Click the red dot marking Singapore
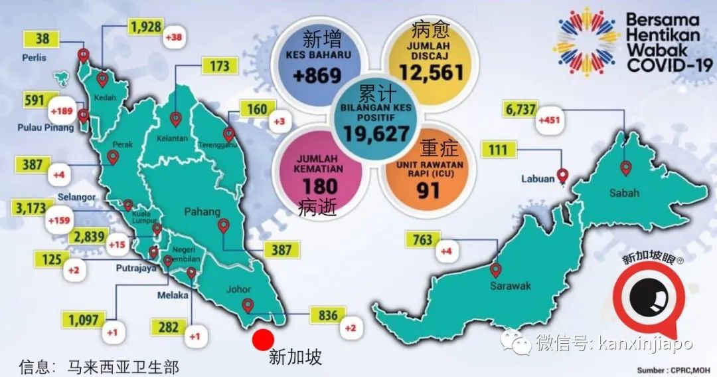click(x=263, y=339)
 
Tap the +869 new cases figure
click(x=317, y=75)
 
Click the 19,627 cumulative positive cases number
click(x=376, y=133)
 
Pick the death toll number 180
click(x=320, y=187)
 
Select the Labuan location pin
click(x=563, y=176)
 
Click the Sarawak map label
click(x=511, y=286)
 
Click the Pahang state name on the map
click(x=202, y=212)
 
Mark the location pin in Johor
click(x=248, y=306)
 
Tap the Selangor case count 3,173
click(x=27, y=208)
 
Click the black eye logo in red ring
click(x=647, y=297)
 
